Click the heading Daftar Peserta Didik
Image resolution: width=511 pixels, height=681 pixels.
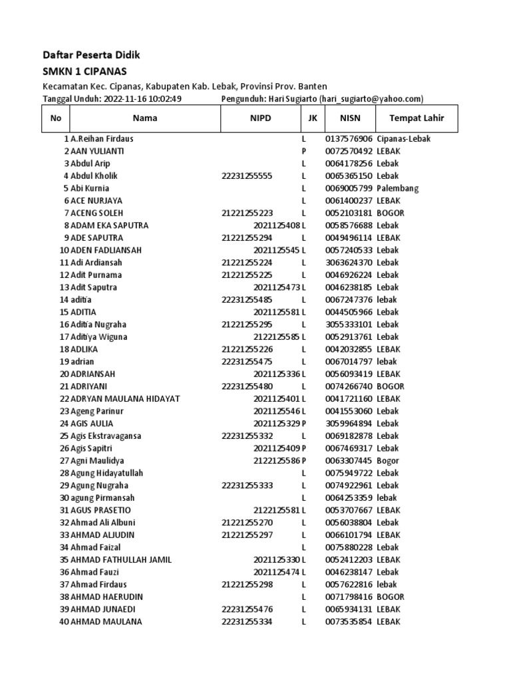click(x=92, y=55)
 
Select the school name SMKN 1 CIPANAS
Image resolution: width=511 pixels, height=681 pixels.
click(x=85, y=71)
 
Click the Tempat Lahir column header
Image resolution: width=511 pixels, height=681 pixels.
click(x=417, y=118)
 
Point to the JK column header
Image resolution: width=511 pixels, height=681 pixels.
click(x=312, y=118)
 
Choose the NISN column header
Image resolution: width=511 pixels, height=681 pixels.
click(x=349, y=118)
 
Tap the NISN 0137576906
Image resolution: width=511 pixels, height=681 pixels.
click(x=349, y=139)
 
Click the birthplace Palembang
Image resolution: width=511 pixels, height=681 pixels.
click(x=397, y=188)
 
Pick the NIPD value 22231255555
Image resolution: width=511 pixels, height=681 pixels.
click(x=247, y=176)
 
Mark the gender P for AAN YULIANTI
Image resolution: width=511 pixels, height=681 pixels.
click(x=303, y=151)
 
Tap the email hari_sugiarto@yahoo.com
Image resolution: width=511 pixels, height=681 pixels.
click(x=371, y=99)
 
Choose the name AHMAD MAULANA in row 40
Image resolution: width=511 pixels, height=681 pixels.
click(x=106, y=622)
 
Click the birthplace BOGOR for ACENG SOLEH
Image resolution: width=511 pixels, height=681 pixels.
click(x=391, y=213)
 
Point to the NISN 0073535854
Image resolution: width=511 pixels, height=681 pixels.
click(x=349, y=622)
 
